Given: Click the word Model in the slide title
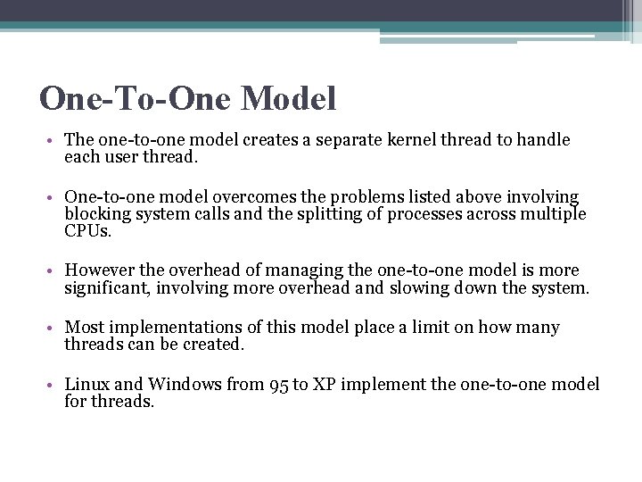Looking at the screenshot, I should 288,98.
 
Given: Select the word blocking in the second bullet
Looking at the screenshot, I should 95,213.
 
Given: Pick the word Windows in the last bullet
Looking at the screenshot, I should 185,385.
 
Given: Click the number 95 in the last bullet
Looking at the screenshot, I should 276,386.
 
